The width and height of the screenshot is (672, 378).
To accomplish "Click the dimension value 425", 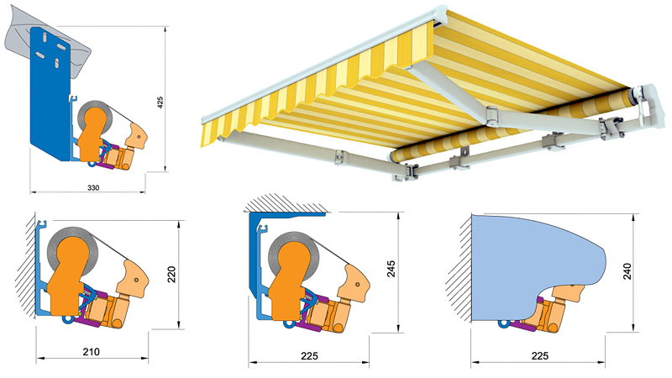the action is coord(160,102).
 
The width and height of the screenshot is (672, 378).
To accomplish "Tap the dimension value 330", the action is coord(93,187).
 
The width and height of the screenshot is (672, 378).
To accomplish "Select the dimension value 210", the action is coord(91,352).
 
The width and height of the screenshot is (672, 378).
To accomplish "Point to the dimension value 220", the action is coord(171,275).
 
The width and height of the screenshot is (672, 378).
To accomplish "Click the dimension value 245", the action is coord(391,269).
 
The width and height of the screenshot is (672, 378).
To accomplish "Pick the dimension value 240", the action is coord(627,271).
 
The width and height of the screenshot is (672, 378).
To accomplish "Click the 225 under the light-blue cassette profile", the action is coord(539,355).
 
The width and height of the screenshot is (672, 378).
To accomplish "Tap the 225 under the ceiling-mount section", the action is coord(309,355).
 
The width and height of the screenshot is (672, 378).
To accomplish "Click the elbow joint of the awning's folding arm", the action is coord(492,115).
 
